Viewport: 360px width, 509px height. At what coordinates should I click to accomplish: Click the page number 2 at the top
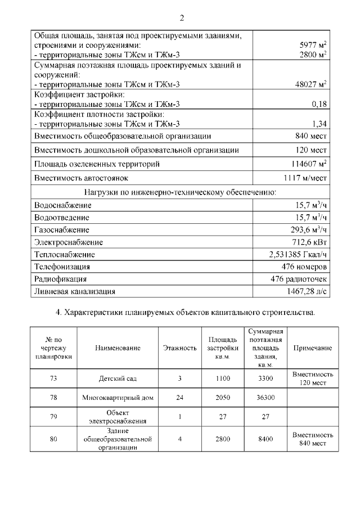point(182,18)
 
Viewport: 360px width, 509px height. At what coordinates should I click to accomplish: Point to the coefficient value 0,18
point(319,104)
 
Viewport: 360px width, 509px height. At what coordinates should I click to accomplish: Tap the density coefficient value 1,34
point(319,124)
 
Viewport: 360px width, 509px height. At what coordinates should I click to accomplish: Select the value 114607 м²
point(307,164)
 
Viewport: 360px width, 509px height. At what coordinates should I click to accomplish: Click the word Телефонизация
point(62,267)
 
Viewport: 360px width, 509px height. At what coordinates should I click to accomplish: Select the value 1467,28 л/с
point(303,291)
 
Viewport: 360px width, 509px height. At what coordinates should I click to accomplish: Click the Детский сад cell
point(118,379)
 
